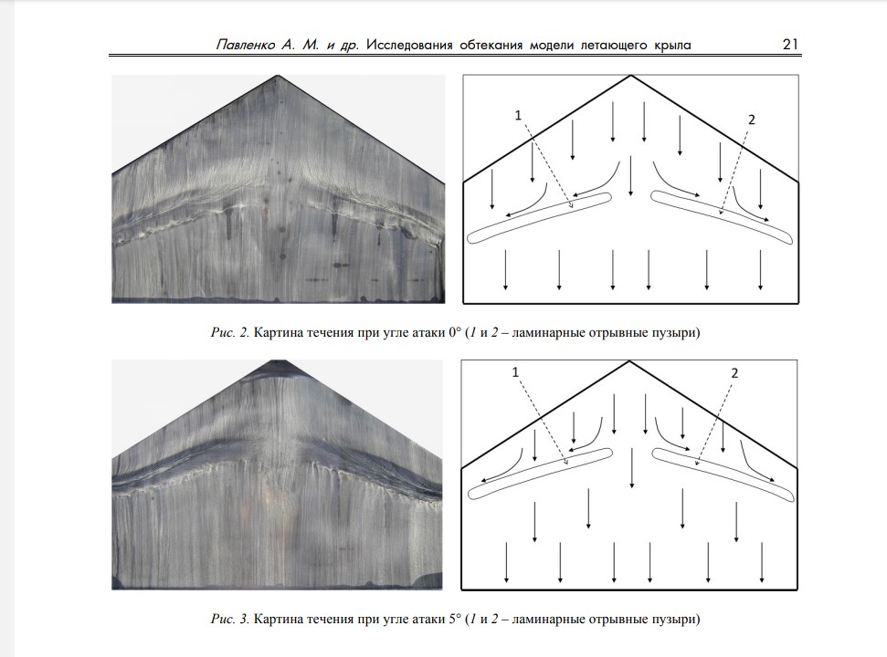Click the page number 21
790,44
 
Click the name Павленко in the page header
246,45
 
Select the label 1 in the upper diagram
518,115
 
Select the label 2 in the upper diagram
751,120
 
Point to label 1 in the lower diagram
515,372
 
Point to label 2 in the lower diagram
734,373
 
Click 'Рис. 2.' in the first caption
229,332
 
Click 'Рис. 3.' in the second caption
229,619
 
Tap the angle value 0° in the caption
455,332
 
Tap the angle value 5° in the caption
455,619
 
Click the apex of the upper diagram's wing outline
630,76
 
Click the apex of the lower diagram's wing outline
628,361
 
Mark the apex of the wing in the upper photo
278,75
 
